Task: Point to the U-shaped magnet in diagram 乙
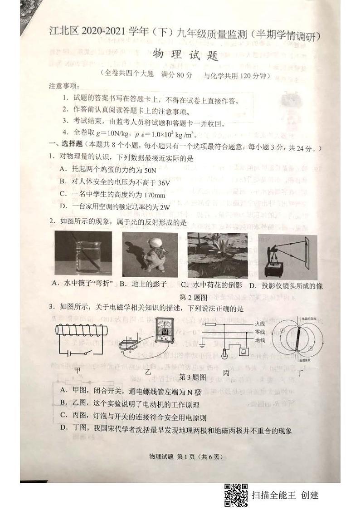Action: point(131,354)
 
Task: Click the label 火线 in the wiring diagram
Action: point(260,324)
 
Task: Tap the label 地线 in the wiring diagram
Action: point(260,339)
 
